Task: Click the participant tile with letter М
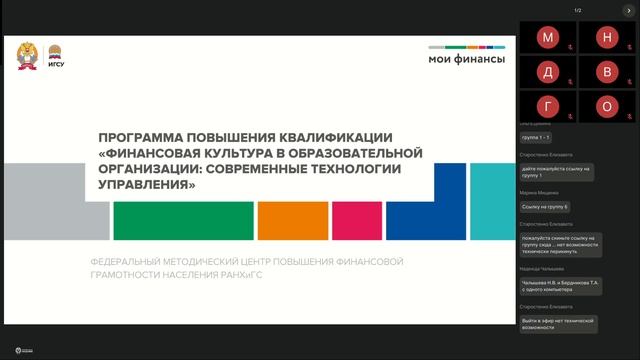tap(548, 38)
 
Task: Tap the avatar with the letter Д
tap(548, 72)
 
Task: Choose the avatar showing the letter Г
tap(548, 106)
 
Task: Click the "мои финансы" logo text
tap(467, 58)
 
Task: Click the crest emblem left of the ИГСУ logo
tap(28, 57)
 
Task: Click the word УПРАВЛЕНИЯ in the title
tap(145, 185)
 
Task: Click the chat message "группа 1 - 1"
tap(537, 137)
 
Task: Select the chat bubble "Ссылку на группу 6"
tap(545, 207)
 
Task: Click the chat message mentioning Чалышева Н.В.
tap(559, 286)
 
